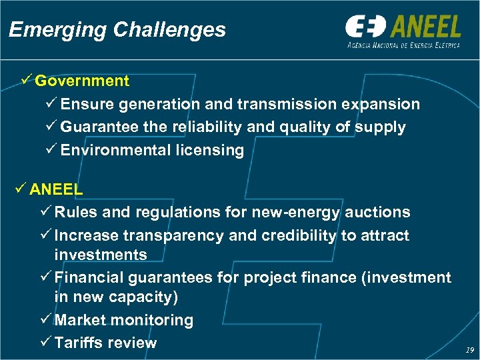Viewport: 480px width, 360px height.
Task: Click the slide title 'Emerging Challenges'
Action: [x=117, y=30]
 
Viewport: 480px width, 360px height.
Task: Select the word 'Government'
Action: [x=82, y=81]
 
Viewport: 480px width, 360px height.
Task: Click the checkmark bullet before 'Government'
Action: [x=26, y=81]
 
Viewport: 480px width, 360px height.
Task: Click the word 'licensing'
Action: [x=209, y=150]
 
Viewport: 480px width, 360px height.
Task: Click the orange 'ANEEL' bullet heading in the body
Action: [x=56, y=189]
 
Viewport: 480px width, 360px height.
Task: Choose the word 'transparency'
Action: [x=172, y=235]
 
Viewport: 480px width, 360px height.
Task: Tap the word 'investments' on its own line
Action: [x=101, y=255]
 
